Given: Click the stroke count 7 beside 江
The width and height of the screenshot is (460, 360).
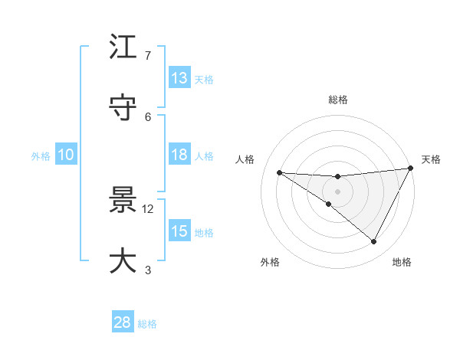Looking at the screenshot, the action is click(148, 56).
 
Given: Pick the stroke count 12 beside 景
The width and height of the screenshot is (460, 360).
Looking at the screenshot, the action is click(148, 208).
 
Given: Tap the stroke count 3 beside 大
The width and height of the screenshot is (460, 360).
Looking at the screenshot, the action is click(148, 269).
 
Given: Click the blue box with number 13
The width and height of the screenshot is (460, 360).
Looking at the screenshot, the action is click(179, 78).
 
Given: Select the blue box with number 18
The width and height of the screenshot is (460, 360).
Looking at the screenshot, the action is click(179, 155).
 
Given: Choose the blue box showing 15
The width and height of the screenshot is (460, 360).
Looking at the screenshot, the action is click(179, 231).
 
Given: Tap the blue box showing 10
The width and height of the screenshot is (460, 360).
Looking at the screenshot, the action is click(66, 155).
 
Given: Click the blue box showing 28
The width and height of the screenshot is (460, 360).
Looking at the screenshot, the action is click(123, 322).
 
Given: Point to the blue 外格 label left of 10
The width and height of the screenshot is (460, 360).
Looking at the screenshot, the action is click(41, 155).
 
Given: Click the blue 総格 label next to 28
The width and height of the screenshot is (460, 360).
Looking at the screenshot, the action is click(148, 324).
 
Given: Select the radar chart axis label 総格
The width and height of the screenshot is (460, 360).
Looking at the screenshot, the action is click(338, 100).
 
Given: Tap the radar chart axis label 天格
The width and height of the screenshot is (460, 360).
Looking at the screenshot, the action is click(432, 159).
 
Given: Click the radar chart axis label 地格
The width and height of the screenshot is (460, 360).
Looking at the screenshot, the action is click(402, 262).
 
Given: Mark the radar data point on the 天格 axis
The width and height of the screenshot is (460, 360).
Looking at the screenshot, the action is click(412, 169).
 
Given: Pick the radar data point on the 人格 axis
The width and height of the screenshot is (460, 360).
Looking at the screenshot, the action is click(280, 172).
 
